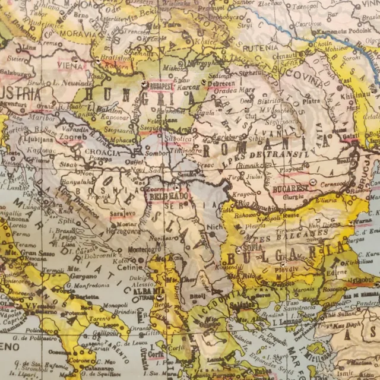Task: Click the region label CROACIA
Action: coord(103,152)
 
